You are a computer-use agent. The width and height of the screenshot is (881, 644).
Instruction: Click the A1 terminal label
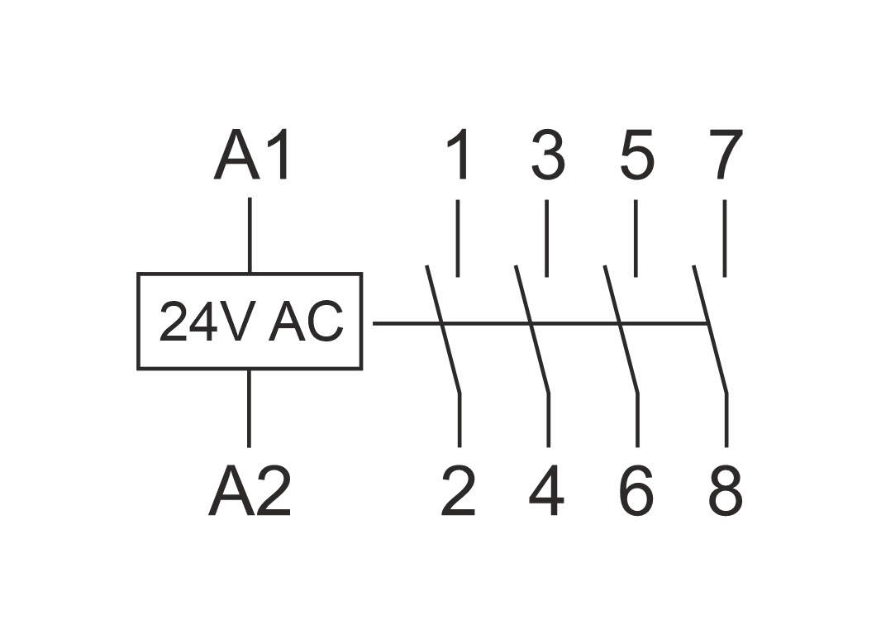point(253,157)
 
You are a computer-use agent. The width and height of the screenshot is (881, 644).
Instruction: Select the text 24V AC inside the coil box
point(250,322)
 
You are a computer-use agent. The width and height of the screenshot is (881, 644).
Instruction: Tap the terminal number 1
point(460,156)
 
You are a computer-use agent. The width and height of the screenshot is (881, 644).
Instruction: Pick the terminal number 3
point(548,156)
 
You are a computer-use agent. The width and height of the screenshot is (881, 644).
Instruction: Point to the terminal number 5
point(637,156)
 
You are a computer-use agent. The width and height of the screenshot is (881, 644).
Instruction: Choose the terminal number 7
point(726,156)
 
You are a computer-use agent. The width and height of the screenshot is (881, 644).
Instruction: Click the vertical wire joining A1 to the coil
point(250,235)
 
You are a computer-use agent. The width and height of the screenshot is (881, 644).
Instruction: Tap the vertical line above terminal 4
point(548,420)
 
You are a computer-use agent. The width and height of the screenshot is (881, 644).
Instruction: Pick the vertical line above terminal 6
point(637,420)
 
